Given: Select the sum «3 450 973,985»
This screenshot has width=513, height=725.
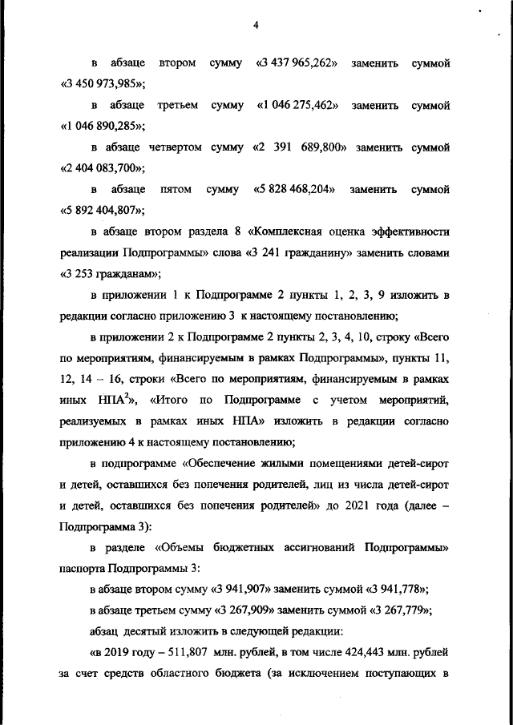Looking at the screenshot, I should click(x=102, y=83).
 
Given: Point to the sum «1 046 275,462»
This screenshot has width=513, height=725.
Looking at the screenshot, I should click(x=297, y=106).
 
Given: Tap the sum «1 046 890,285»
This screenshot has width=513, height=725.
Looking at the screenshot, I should click(x=102, y=127).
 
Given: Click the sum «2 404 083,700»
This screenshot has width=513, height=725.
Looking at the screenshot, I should click(x=102, y=168).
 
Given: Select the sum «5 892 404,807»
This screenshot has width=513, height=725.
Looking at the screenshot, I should click(x=102, y=211).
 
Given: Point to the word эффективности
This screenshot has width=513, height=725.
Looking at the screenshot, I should click(x=410, y=232).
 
